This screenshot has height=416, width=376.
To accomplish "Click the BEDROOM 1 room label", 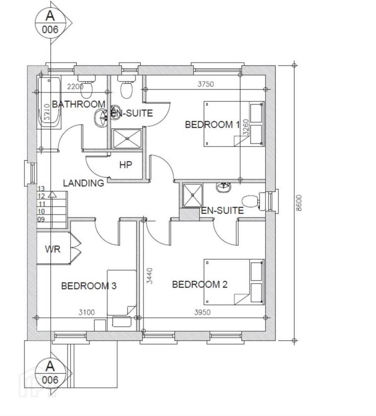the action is tap(212, 124).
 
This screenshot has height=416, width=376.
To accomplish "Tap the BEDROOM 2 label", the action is tap(200, 284).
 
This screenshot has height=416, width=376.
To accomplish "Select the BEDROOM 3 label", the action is tap(89, 286).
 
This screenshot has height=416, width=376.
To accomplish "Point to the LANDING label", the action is tap(84, 183).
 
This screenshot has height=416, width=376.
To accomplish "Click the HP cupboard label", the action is tap(126, 165).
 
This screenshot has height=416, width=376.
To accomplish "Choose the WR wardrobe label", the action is tap(52, 249).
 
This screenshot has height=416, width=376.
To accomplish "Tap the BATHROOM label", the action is tap(79, 104).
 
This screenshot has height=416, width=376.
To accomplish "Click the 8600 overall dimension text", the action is tap(299, 203).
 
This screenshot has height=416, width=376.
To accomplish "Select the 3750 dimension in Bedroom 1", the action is tap(206, 84).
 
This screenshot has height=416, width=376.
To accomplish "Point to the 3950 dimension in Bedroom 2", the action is tap(202, 312).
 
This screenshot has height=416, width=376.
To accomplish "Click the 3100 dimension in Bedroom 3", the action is tap(87, 312).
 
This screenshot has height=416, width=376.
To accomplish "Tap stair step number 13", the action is tap(41, 189).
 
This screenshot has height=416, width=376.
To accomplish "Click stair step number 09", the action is tap(41, 219).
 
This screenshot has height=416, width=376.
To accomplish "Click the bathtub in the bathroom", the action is tap(49, 103).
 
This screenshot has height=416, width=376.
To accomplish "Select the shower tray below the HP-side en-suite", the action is tap(127, 139).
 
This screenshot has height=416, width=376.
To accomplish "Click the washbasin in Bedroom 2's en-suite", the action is tap(223, 187).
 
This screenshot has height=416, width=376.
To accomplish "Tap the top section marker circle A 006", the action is tap(50, 23).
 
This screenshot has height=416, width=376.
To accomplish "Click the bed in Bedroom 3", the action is tap(121, 293).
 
